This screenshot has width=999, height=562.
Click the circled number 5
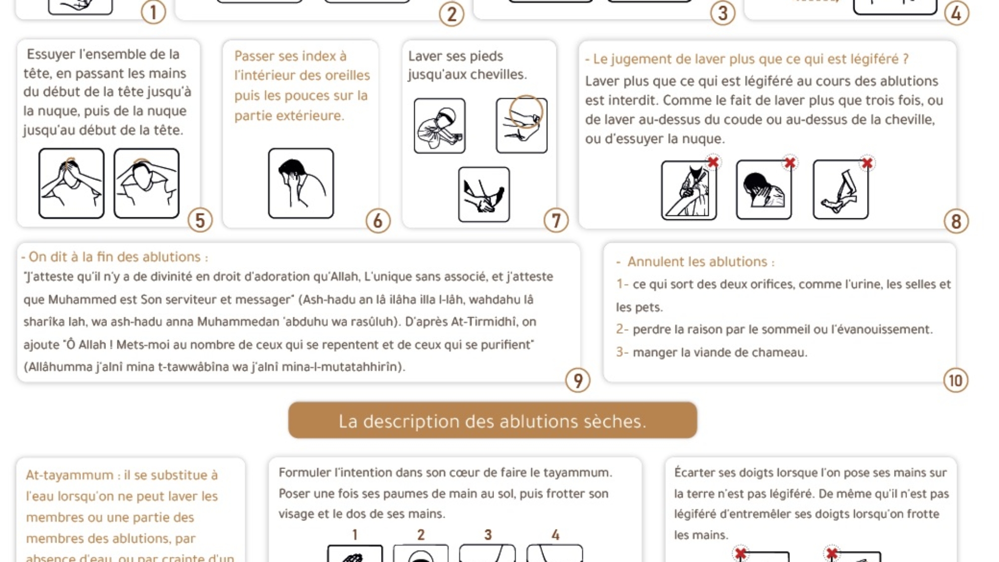200,220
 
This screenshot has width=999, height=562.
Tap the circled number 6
378,221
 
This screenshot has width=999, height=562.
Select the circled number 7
556,221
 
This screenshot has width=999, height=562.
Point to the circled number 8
956,221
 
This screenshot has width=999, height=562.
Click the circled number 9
578,381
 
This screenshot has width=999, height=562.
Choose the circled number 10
956,381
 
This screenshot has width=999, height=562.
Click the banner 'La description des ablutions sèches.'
492,421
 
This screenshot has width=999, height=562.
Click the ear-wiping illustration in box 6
301,183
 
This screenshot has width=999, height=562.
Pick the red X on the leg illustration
867,163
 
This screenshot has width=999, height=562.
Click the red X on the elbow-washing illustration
713,162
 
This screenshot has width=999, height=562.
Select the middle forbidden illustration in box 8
763,190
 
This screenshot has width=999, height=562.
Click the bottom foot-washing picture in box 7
484,195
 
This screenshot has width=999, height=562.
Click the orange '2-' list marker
622,329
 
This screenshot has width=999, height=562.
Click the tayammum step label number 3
488,535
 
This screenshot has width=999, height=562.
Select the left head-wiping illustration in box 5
71,183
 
